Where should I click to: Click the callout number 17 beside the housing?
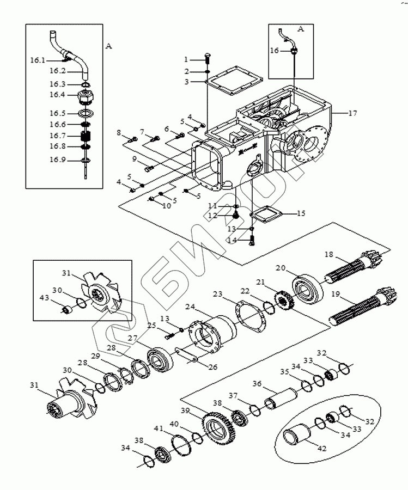click(x=352, y=113)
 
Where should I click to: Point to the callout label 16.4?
click(x=57, y=94)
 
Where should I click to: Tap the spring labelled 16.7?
click(x=86, y=136)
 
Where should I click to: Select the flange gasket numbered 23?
click(x=250, y=316)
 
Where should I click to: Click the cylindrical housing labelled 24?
click(x=212, y=334)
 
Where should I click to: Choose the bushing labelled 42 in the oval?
click(x=296, y=433)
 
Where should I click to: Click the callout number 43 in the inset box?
click(x=44, y=298)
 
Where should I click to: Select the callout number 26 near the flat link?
click(x=212, y=367)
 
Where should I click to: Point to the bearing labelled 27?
click(x=160, y=359)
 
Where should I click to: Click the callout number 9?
click(x=134, y=159)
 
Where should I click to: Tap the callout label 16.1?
click(x=38, y=60)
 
